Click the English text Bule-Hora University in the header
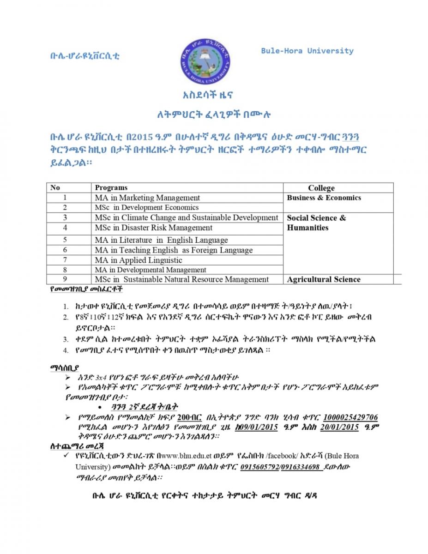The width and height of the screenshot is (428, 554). [x=307, y=51]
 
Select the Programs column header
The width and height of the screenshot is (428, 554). [x=111, y=187]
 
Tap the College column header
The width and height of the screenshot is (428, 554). [x=321, y=188]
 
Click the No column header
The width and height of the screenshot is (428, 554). [x=55, y=187]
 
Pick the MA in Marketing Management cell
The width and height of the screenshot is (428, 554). [x=147, y=198]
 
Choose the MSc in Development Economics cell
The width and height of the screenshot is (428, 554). [x=147, y=208]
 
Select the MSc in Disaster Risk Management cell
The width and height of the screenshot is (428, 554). [x=153, y=228]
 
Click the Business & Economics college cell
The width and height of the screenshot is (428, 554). [x=324, y=198]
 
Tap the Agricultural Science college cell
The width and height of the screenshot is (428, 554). [x=324, y=279]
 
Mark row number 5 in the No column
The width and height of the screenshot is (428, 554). [x=65, y=240]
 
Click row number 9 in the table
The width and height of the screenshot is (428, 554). [x=65, y=279]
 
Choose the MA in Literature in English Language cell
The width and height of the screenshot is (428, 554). [x=161, y=240]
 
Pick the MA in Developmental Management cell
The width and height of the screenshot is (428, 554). [x=151, y=270]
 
